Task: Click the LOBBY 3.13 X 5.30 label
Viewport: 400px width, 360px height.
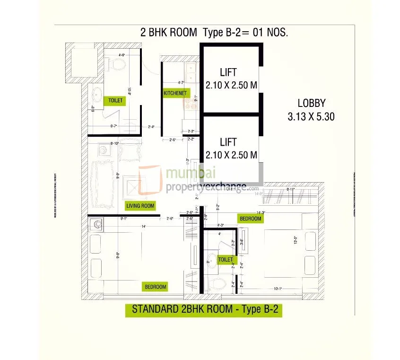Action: click(311, 110)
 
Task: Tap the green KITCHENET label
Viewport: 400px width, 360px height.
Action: click(175, 93)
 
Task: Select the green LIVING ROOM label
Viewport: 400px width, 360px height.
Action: click(140, 205)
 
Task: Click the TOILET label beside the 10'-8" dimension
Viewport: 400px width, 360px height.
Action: click(115, 100)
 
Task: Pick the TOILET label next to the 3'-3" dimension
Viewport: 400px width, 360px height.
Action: click(226, 259)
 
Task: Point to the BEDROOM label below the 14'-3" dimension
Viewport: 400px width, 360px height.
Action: click(250, 219)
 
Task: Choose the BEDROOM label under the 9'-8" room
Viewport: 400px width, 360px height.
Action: click(155, 287)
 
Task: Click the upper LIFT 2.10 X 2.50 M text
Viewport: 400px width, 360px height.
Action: click(231, 79)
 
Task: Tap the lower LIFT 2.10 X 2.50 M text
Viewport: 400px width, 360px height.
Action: click(231, 148)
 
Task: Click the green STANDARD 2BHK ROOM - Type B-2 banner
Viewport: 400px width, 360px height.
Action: click(203, 310)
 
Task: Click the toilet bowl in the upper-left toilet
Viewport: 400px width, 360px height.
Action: click(118, 63)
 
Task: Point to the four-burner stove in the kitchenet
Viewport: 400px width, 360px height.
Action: click(191, 103)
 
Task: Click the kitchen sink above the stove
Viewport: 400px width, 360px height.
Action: click(191, 72)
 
